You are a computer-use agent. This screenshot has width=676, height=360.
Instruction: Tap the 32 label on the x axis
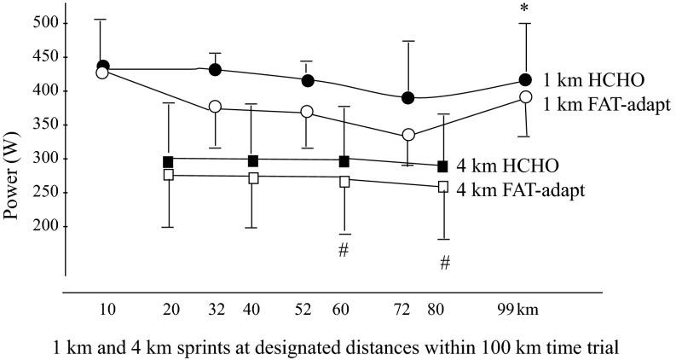pyautogui.click(x=216, y=308)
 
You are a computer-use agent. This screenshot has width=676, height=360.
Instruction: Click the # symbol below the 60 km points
pyautogui.click(x=344, y=249)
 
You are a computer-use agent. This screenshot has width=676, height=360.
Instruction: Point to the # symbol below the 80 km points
pyautogui.click(x=444, y=264)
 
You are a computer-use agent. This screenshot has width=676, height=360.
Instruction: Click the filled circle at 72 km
pyautogui.click(x=408, y=98)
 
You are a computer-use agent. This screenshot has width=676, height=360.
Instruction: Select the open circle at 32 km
pyautogui.click(x=216, y=107)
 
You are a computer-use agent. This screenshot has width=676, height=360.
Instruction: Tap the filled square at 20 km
pyautogui.click(x=168, y=161)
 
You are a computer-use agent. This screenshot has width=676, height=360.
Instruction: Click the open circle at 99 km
pyautogui.click(x=526, y=98)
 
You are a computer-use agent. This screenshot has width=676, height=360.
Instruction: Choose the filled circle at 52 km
pyautogui.click(x=309, y=80)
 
